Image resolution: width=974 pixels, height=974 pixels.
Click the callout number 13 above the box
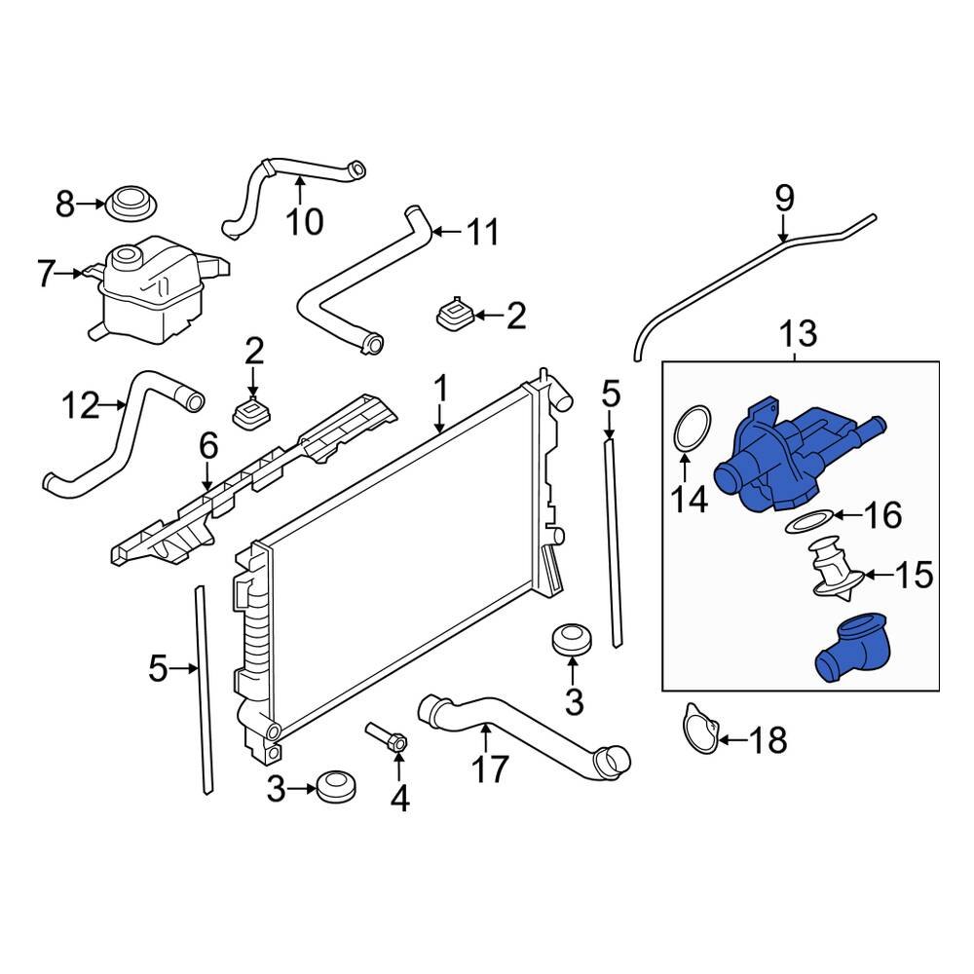click(798, 334)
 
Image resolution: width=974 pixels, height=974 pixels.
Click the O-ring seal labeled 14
click(691, 430)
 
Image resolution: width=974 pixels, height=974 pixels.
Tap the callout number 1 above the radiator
click(440, 391)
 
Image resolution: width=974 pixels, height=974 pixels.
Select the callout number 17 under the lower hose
click(490, 769)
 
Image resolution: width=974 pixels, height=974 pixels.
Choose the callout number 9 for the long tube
click(784, 199)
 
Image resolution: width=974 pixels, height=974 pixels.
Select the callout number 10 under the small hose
click(305, 221)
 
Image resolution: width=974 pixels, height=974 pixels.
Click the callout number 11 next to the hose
click(481, 233)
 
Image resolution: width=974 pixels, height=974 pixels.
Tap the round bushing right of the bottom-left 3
click(335, 784)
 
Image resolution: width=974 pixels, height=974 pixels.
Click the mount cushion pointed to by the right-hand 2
click(453, 315)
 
